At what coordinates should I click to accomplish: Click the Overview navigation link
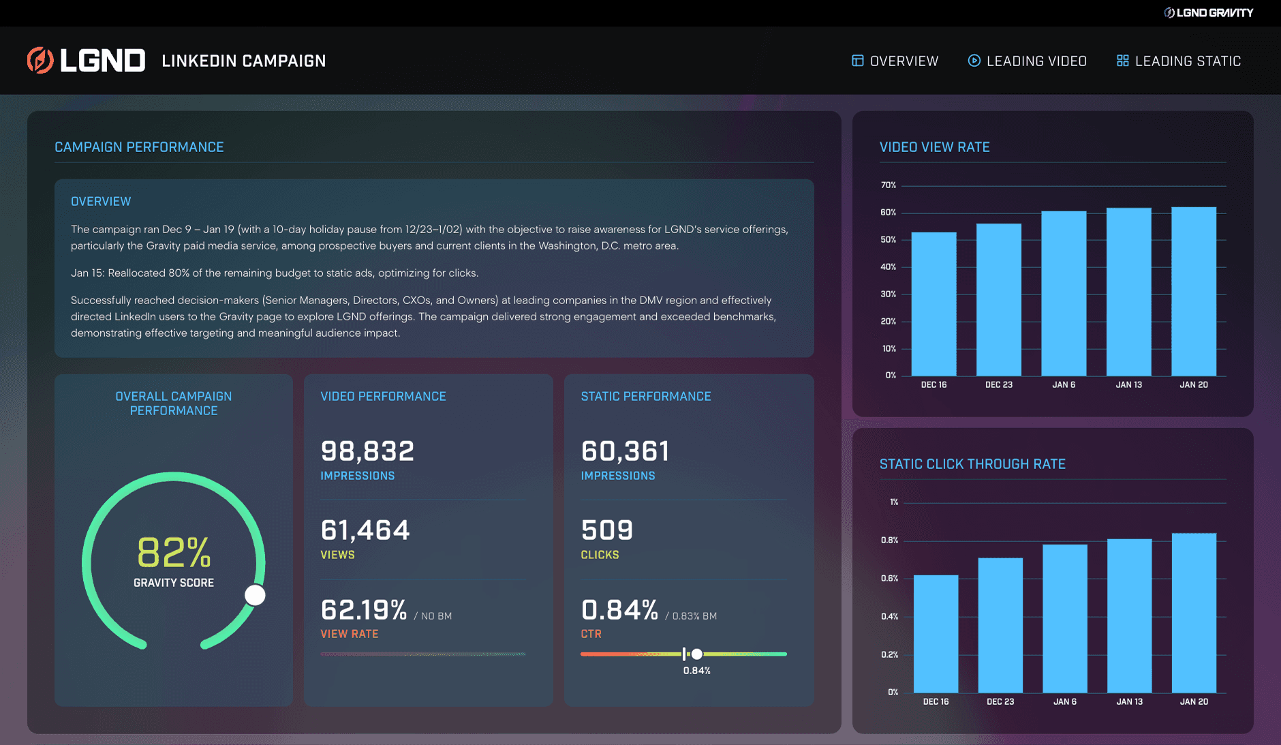tap(895, 61)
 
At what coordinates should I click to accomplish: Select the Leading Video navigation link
tap(1027, 61)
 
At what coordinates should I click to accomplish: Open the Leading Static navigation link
tap(1179, 61)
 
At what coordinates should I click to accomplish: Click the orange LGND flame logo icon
tap(40, 60)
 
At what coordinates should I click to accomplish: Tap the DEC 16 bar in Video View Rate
tap(933, 304)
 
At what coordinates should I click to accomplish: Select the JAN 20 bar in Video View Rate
tap(1194, 291)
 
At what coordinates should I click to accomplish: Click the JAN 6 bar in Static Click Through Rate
tap(1065, 618)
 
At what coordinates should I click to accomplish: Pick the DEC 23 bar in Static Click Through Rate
tap(1000, 625)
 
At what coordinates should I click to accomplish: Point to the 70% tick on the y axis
tap(889, 185)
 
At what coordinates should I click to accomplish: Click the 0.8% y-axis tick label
tap(889, 541)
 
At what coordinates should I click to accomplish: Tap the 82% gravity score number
tap(174, 552)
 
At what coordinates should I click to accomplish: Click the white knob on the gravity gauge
tap(255, 595)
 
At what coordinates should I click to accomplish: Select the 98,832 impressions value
tap(367, 451)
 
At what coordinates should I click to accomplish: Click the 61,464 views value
tap(365, 530)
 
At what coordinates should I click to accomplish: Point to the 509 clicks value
tap(607, 530)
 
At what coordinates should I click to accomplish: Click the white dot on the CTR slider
tap(697, 654)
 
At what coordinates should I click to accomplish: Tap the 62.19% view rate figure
tap(364, 610)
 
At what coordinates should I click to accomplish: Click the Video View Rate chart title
tap(935, 147)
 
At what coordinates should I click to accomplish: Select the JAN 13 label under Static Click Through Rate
tap(1130, 701)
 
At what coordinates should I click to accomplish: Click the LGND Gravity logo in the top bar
tap(1208, 13)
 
